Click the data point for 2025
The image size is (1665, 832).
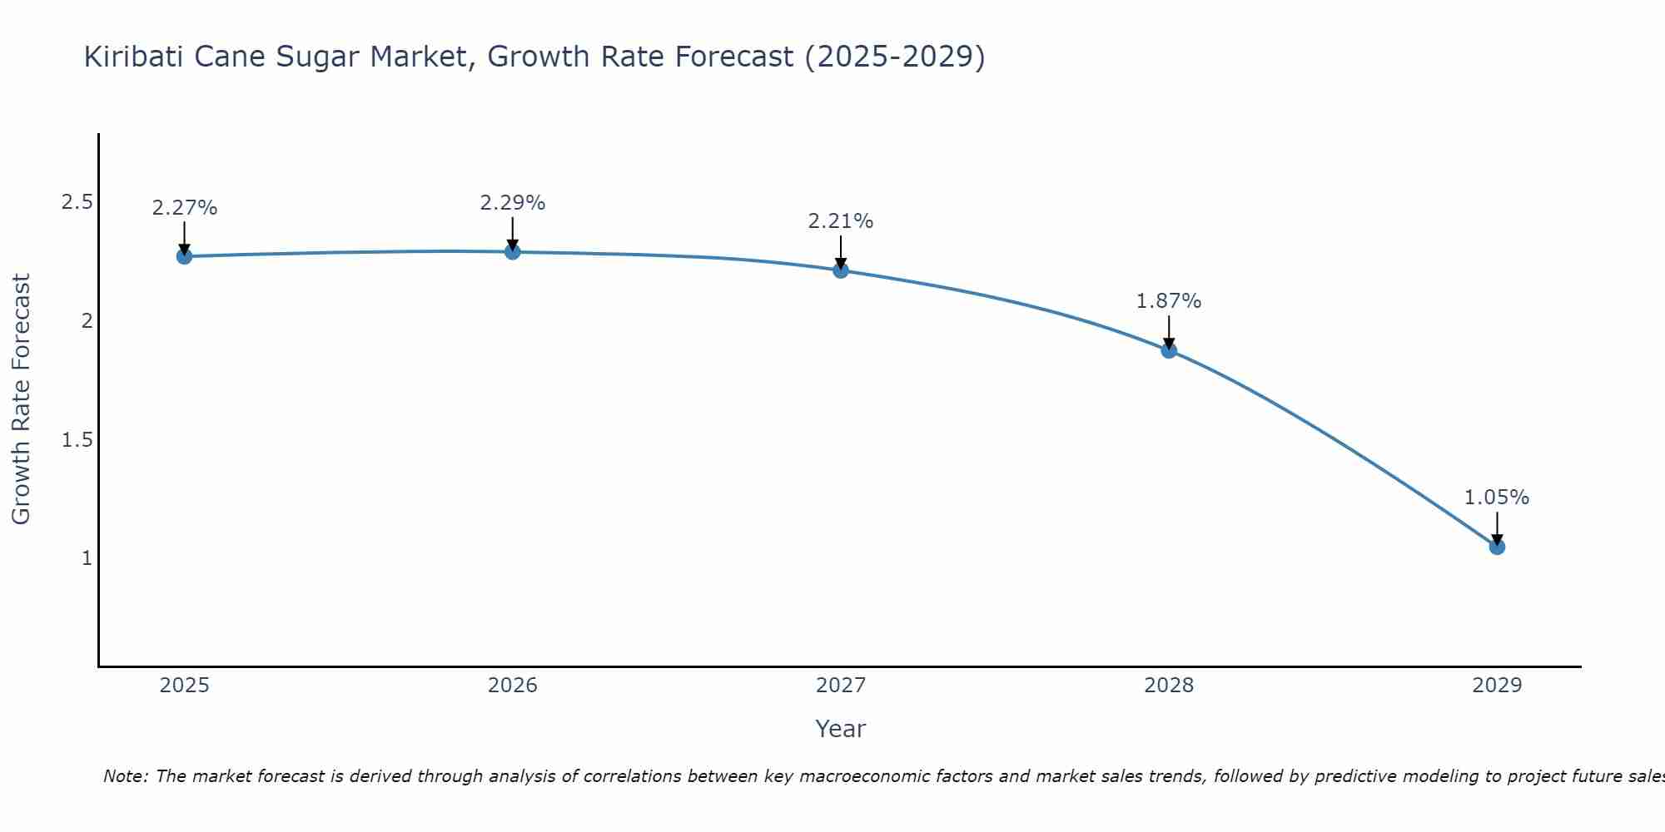click(184, 256)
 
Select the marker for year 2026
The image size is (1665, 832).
click(513, 251)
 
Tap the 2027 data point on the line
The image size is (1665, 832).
click(841, 270)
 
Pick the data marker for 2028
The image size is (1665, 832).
click(1169, 350)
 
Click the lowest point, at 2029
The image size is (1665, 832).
click(1497, 547)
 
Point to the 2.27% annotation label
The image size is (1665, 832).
click(184, 208)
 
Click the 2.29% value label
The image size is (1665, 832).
click(513, 203)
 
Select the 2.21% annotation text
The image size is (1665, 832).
click(841, 221)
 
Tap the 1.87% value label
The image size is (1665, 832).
click(1169, 301)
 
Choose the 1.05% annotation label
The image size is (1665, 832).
click(1497, 498)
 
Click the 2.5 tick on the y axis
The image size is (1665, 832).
click(77, 202)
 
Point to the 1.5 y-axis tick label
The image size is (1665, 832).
click(77, 439)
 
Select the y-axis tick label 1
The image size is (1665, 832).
click(87, 557)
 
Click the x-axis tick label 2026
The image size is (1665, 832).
click(513, 686)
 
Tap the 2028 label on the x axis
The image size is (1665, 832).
click(1169, 686)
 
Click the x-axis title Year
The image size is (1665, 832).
click(841, 729)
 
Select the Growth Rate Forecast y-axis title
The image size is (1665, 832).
click(21, 399)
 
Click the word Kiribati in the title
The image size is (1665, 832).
click(133, 57)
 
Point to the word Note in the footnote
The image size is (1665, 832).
click(124, 776)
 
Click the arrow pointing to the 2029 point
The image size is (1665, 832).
click(1497, 527)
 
